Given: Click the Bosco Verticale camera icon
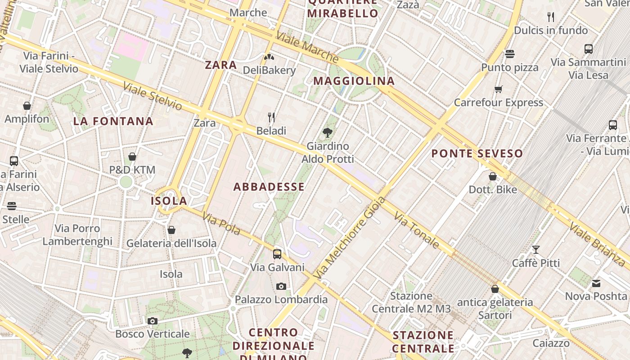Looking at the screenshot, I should click(x=153, y=321).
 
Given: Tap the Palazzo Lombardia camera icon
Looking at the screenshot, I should click(x=281, y=286).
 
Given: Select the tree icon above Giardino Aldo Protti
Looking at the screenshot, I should click(x=328, y=132).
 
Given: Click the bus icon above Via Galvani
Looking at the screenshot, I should click(x=277, y=254).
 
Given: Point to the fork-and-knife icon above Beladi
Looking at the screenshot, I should click(x=271, y=117).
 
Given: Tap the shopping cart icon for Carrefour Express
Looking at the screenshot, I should click(x=498, y=89).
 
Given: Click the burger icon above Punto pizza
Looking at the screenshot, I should click(x=510, y=54).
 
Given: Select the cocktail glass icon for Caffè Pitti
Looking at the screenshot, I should click(x=536, y=249).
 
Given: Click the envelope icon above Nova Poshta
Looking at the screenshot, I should click(x=596, y=283).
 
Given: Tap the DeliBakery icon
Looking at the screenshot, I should click(x=269, y=57).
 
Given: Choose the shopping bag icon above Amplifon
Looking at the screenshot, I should click(x=27, y=106).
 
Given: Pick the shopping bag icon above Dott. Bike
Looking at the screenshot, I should click(x=493, y=176).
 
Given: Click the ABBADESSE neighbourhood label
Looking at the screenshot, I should click(x=269, y=187).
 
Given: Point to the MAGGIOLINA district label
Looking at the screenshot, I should click(x=354, y=81).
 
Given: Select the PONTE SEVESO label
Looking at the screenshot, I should click(x=477, y=154).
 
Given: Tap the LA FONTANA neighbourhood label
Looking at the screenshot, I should click(x=113, y=121).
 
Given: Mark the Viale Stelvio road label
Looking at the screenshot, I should click(x=153, y=96).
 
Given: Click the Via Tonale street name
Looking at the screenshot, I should click(x=417, y=231).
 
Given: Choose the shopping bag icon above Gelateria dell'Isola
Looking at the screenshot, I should click(x=171, y=230).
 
